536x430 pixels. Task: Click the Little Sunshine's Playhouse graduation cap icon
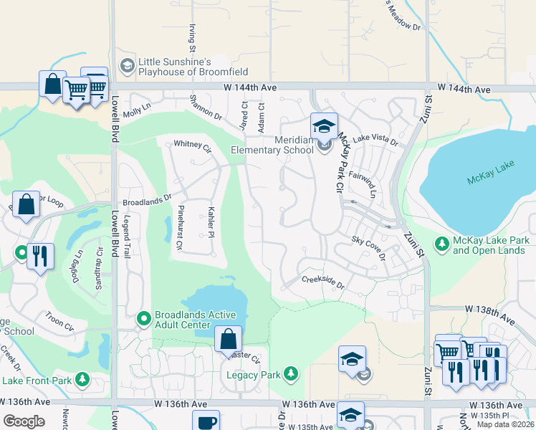click(x=128, y=65)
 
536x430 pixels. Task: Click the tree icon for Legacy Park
click(x=290, y=373)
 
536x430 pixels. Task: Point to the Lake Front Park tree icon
click(x=83, y=379)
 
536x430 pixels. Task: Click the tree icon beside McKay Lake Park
click(x=442, y=244)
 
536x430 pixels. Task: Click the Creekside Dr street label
click(x=323, y=283)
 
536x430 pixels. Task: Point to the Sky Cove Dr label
click(x=369, y=247)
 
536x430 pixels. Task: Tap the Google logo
click(x=24, y=421)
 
